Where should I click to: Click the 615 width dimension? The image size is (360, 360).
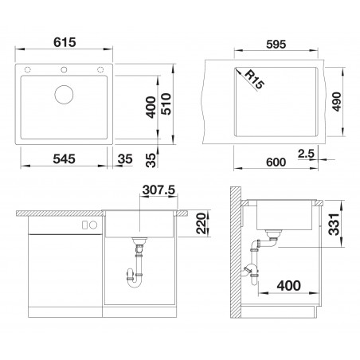[65, 42]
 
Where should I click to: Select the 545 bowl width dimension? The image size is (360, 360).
[64, 159]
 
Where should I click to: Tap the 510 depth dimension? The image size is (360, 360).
[166, 104]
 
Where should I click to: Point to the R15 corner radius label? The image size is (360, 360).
[254, 79]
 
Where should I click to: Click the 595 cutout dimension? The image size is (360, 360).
[276, 45]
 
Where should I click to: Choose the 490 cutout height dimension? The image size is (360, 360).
[337, 102]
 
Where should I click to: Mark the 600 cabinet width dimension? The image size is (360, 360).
[276, 162]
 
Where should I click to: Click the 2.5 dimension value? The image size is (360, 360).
[306, 154]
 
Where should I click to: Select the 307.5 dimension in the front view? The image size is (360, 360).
[158, 190]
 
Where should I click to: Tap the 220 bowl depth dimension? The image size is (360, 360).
[201, 224]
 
